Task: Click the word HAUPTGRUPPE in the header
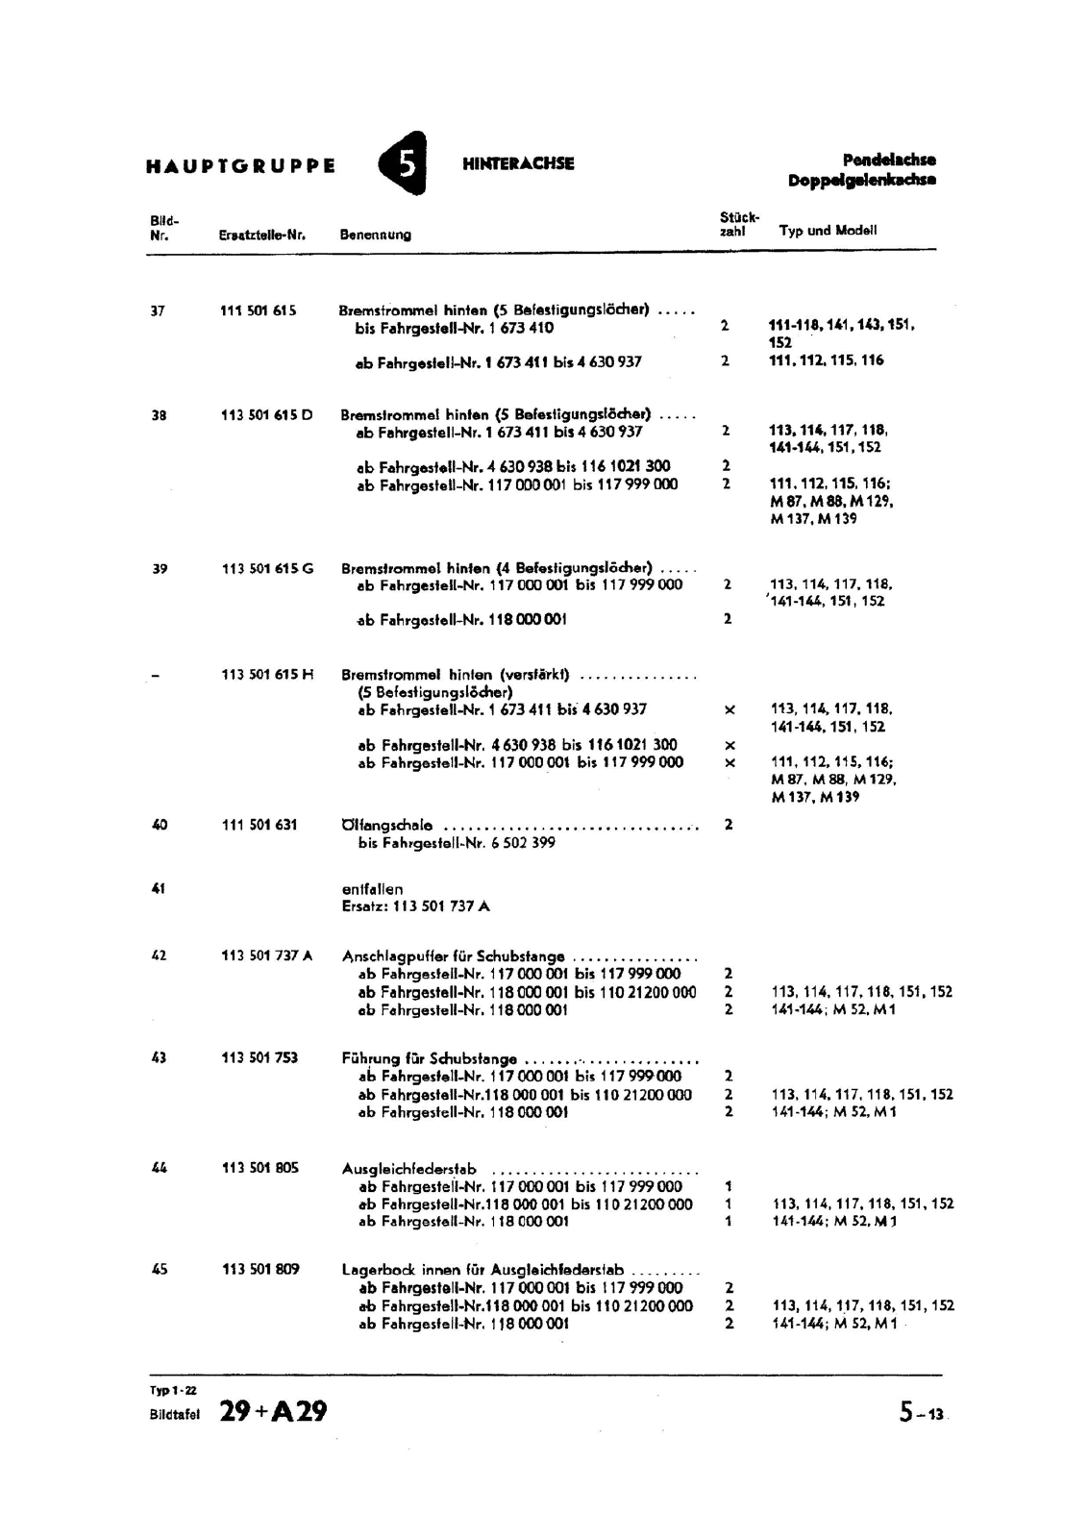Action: (240, 165)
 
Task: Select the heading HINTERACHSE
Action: (518, 163)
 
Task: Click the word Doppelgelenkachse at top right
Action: (861, 180)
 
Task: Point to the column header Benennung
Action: (375, 235)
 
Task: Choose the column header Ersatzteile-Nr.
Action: (261, 235)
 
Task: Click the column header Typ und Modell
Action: (828, 231)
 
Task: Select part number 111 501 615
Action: (258, 310)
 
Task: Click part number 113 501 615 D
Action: (266, 415)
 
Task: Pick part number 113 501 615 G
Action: (267, 568)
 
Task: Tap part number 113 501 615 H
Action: (267, 675)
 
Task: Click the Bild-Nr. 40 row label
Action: (159, 825)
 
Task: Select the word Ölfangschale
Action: (387, 825)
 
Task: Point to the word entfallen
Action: (372, 889)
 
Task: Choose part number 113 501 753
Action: (260, 1058)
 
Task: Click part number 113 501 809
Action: (260, 1270)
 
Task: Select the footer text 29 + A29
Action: (273, 1411)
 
